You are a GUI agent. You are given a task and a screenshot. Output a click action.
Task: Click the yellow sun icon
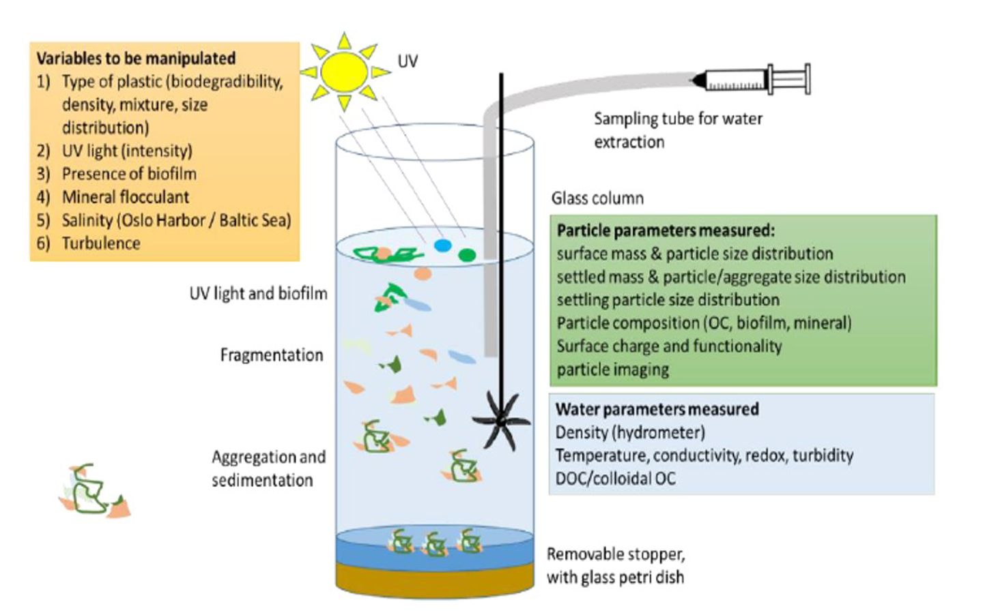pos(344,72)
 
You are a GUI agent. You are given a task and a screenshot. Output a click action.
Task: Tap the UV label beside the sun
pos(408,61)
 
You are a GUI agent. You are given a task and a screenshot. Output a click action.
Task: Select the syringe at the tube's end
pos(754,80)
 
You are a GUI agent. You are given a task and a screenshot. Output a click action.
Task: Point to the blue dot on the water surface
pos(443,245)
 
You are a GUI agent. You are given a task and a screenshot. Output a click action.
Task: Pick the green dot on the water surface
pos(467,255)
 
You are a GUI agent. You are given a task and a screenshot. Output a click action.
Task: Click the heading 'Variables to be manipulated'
pos(136,59)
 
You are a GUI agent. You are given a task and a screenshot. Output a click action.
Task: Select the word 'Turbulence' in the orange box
pos(101,243)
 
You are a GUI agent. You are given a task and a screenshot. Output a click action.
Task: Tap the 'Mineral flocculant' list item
pos(126,197)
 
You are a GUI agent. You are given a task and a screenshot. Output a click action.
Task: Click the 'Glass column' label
pos(597,198)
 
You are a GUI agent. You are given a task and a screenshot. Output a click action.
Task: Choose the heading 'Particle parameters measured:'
pos(666,230)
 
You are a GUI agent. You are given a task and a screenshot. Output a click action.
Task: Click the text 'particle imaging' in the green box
pos(612,370)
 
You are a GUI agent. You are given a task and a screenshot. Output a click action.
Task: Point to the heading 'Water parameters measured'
pos(657,409)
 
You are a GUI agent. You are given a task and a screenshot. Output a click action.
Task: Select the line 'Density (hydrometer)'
pos(629,432)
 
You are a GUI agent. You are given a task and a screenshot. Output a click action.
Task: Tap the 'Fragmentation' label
pos(271,355)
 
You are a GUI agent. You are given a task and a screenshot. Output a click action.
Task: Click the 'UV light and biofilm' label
pos(258,294)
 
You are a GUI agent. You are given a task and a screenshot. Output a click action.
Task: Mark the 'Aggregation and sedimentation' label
pos(268,468)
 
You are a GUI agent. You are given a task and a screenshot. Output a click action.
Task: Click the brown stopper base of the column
pos(435,578)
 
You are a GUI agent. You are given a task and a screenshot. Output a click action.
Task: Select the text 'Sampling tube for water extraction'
pos(677,130)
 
